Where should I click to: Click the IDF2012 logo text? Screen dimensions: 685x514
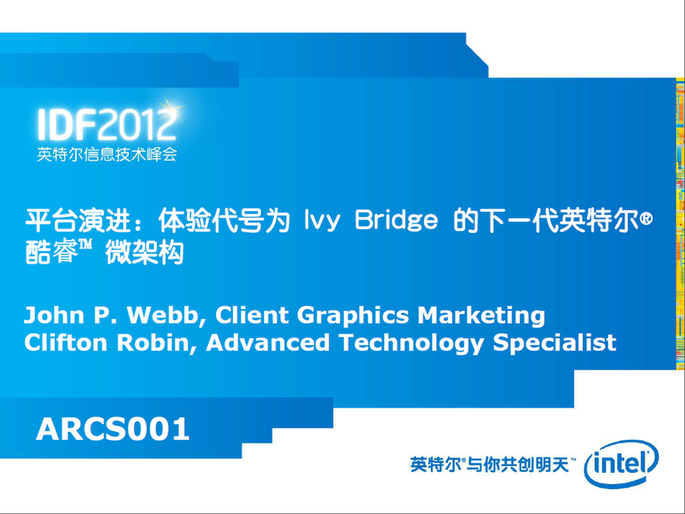tap(107, 125)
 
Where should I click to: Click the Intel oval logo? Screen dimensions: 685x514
tap(621, 464)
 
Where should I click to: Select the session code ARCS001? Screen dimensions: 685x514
tap(113, 429)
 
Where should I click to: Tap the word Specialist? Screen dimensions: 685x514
tap(554, 343)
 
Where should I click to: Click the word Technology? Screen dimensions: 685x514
tap(412, 343)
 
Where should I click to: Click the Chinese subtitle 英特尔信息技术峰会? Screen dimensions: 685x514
tap(107, 154)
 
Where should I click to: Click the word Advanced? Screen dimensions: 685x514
tap(268, 342)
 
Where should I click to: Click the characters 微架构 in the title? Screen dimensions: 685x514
tap(144, 252)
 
